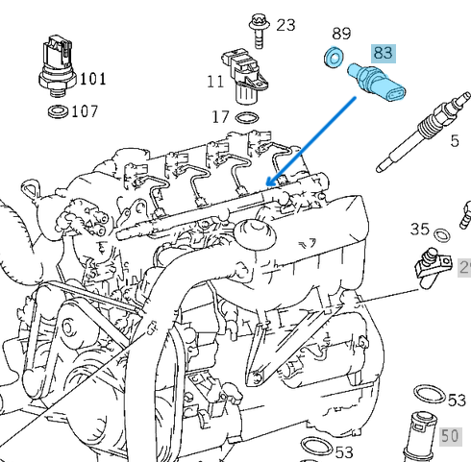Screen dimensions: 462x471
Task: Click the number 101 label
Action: pyautogui.click(x=93, y=78)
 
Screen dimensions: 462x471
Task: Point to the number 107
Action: pyautogui.click(x=85, y=111)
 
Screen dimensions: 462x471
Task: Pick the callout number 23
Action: pyautogui.click(x=286, y=24)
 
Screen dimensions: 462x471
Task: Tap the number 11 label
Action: pyautogui.click(x=214, y=83)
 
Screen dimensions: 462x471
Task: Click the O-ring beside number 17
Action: pyautogui.click(x=247, y=118)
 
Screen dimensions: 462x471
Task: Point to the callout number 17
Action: pyautogui.click(x=220, y=117)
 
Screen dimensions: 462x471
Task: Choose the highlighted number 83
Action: pyautogui.click(x=384, y=52)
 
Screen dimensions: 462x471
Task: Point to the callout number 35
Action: pyautogui.click(x=419, y=229)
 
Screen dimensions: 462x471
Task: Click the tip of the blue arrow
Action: pyautogui.click(x=268, y=184)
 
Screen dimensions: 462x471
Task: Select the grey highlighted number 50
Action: pyautogui.click(x=451, y=435)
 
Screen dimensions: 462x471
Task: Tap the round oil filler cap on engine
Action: pyautogui.click(x=255, y=231)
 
